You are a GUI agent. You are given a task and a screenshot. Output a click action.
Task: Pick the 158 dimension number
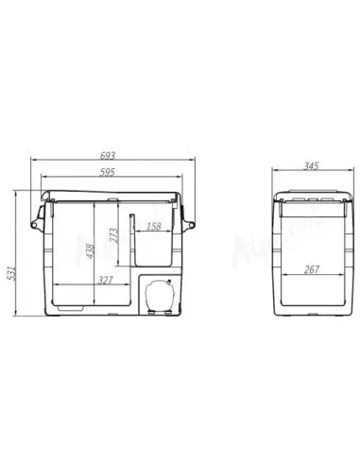pyautogui.click(x=153, y=227)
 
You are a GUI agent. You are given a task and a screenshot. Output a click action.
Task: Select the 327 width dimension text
pyautogui.click(x=108, y=281)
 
